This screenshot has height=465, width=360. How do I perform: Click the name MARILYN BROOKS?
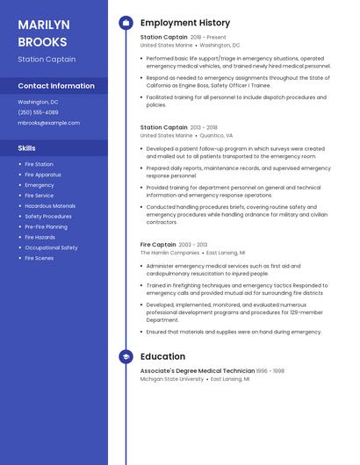click(x=42, y=32)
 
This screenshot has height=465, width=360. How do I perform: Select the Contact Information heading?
click(x=56, y=86)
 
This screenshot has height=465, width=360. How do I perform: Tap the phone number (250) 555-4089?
click(x=38, y=112)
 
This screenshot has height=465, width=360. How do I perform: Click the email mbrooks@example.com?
click(x=48, y=123)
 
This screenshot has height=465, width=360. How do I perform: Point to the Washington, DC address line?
click(x=38, y=102)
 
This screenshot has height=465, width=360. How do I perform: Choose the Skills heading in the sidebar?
click(x=27, y=148)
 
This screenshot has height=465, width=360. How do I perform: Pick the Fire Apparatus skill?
click(x=43, y=175)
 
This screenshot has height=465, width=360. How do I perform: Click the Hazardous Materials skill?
click(x=50, y=206)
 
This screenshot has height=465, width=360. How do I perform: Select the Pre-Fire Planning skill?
click(x=46, y=226)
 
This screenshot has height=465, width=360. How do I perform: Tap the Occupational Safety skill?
click(x=51, y=247)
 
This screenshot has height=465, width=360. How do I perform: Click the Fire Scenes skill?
click(x=39, y=258)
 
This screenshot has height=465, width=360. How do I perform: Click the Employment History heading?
click(x=185, y=23)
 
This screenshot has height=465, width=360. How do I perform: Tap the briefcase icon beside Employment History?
click(x=126, y=23)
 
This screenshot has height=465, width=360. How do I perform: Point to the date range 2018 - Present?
click(x=208, y=38)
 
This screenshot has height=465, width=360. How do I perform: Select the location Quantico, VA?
click(x=216, y=136)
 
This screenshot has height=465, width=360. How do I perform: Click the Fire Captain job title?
click(x=158, y=245)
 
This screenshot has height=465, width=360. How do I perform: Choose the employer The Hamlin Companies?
click(x=169, y=253)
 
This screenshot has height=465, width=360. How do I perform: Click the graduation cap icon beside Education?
click(x=126, y=357)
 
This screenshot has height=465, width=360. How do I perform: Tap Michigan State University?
click(x=172, y=379)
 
